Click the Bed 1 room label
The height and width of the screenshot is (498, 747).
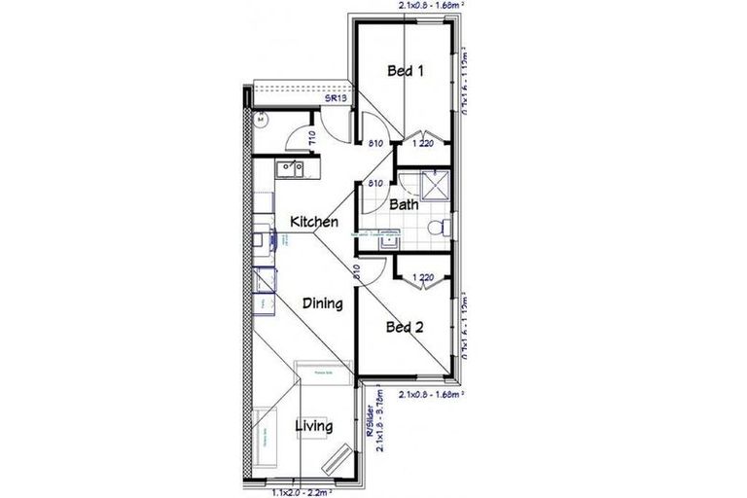[x=407, y=71]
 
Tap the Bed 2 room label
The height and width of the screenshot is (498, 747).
[x=406, y=328]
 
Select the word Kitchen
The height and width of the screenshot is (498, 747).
[x=314, y=223]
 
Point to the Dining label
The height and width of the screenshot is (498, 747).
[x=321, y=303]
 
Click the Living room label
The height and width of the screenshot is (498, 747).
[x=313, y=426]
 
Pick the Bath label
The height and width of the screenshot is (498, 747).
[x=404, y=205]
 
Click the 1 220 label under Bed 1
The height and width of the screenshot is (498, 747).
[x=422, y=145]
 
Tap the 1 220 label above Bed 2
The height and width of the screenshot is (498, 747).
[x=422, y=278]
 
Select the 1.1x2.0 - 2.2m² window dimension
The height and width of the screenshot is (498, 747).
[x=304, y=492]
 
